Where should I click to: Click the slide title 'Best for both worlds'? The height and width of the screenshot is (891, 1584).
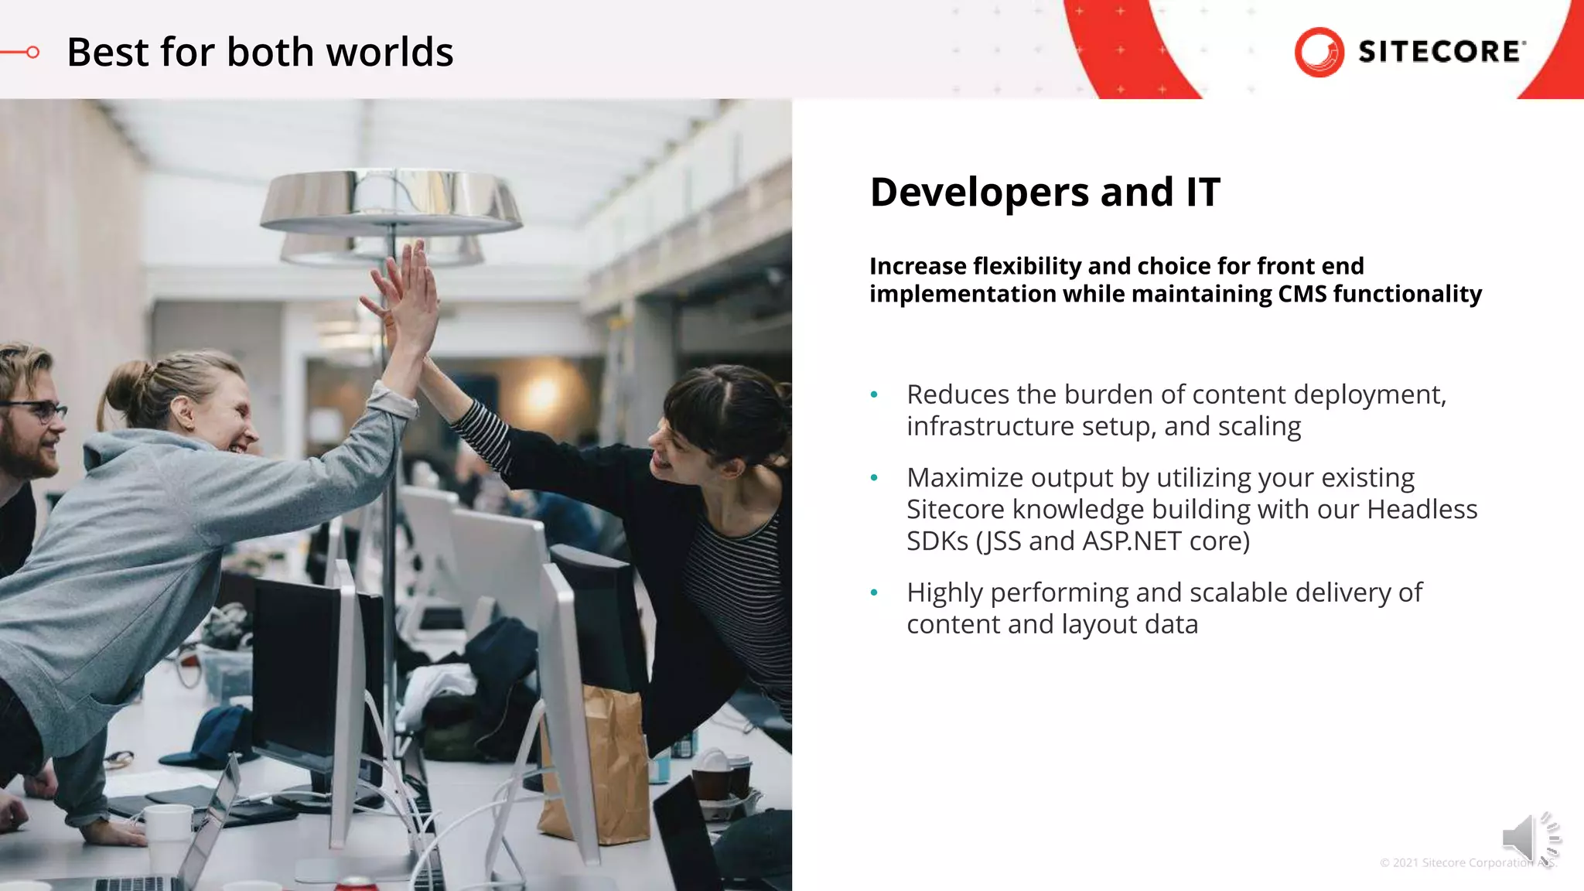pyautogui.click(x=260, y=53)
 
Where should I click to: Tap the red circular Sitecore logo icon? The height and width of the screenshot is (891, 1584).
pyautogui.click(x=1319, y=52)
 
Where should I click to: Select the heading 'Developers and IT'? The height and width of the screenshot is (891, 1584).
pyautogui.click(x=1045, y=192)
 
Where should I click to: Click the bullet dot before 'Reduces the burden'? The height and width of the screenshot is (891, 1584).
pyautogui.click(x=874, y=395)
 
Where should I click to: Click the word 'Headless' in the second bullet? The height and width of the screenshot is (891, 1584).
pyautogui.click(x=1422, y=510)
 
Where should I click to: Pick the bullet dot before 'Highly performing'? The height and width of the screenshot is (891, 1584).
pyautogui.click(x=874, y=593)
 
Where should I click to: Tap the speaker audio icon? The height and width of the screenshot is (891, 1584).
pyautogui.click(x=1530, y=838)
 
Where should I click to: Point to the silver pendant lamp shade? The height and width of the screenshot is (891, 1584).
pyautogui.click(x=391, y=202)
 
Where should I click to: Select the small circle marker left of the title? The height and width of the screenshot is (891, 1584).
pyautogui.click(x=32, y=53)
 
